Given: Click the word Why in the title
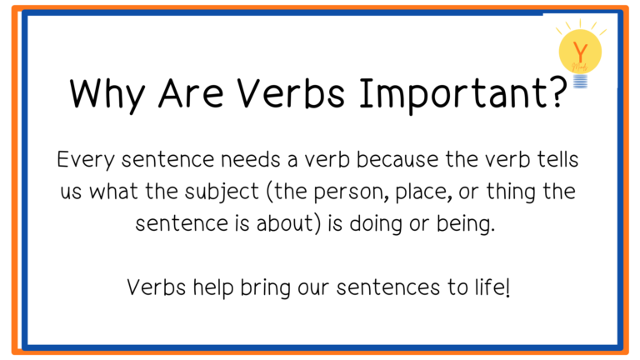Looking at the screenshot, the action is pyautogui.click(x=107, y=95).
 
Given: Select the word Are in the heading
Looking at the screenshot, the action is pyautogui.click(x=191, y=93).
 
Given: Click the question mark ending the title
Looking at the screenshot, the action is pyautogui.click(x=557, y=92).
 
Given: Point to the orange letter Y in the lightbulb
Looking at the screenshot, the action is pyautogui.click(x=580, y=52).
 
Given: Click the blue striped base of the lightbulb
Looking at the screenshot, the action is pyautogui.click(x=580, y=81).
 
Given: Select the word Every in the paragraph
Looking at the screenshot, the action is pyautogui.click(x=86, y=160).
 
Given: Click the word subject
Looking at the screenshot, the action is pyautogui.click(x=222, y=192).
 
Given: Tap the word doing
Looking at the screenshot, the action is pyautogui.click(x=376, y=224).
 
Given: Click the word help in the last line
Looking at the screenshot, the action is pyautogui.click(x=213, y=287).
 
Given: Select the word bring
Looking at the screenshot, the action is pyautogui.click(x=265, y=288).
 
